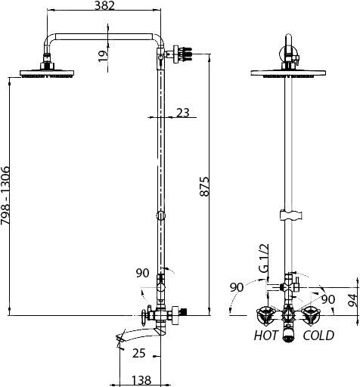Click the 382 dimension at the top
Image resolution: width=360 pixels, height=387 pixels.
point(104,6)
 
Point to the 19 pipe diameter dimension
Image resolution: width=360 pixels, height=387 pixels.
point(103,56)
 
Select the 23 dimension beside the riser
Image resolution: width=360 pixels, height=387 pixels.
point(182,113)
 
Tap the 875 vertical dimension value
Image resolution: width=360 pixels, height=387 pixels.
point(204,187)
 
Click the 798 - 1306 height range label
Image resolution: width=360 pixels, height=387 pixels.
point(5,195)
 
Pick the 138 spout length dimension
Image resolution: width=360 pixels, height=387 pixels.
point(141,380)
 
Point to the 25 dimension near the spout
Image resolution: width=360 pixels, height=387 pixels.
point(139,353)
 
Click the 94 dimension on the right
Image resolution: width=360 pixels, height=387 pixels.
point(352,299)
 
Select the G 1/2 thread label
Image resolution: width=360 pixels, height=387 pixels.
point(264,258)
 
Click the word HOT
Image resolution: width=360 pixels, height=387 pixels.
point(265,336)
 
